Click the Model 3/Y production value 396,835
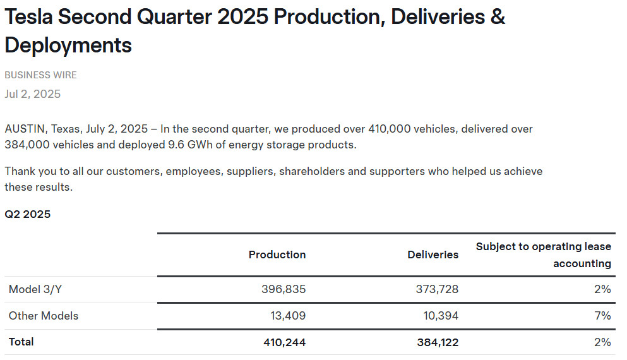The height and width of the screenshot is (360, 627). [x=284, y=289]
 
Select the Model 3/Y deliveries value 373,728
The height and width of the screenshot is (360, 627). [x=433, y=289]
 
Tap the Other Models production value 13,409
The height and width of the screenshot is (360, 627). [x=287, y=316]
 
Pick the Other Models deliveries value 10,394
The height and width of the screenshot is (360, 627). [x=437, y=316]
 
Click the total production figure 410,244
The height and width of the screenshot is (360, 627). [x=284, y=342]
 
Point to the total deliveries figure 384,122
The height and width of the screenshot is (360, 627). [x=433, y=342]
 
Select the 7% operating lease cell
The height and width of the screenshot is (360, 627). [x=602, y=316]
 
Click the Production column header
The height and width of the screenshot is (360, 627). [x=277, y=255]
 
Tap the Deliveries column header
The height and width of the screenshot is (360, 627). [x=433, y=255]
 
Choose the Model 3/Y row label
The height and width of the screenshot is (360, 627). [x=35, y=289]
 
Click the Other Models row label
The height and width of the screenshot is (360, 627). [x=44, y=316]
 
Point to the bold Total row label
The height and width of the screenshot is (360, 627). [x=21, y=342]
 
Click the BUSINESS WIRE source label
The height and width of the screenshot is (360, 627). [x=40, y=75]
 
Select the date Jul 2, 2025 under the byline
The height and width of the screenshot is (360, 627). [x=33, y=94]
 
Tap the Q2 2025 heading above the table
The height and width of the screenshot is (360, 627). [x=28, y=214]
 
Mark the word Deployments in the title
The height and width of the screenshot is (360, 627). [x=68, y=45]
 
